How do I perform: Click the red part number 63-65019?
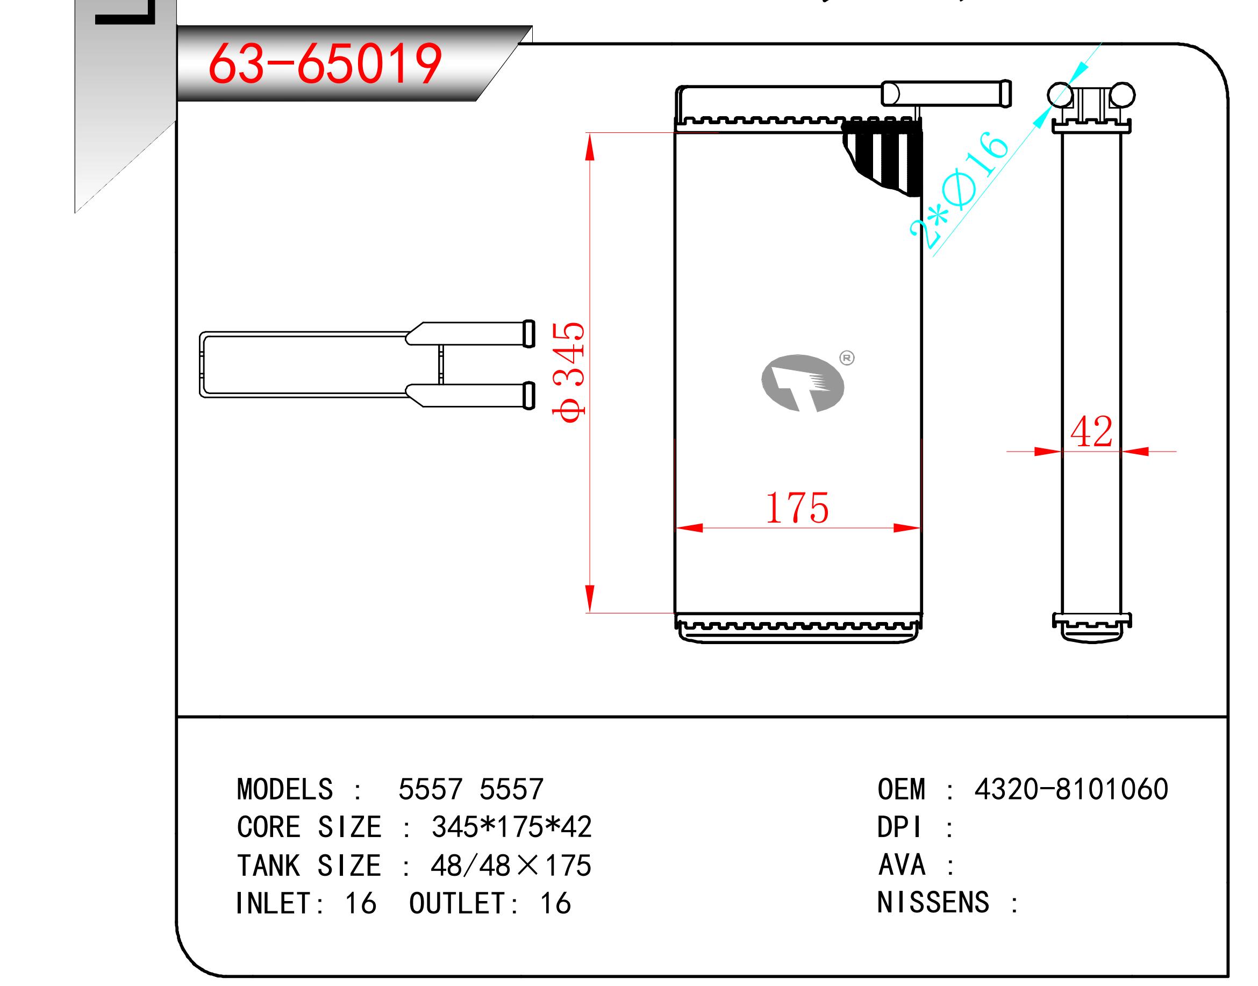coord(325,64)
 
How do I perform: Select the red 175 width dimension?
coord(797,509)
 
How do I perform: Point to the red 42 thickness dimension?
coord(1091,432)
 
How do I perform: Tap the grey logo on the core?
coord(803,383)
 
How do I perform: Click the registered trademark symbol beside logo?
coord(847,358)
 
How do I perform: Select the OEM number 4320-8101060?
coord(1071,789)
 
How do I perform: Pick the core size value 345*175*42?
coord(511,827)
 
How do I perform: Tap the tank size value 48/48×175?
coord(511,866)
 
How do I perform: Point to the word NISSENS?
coord(933,902)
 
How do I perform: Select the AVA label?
coord(902,865)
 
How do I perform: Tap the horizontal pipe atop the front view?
coord(946,94)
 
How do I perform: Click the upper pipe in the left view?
coord(470,334)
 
